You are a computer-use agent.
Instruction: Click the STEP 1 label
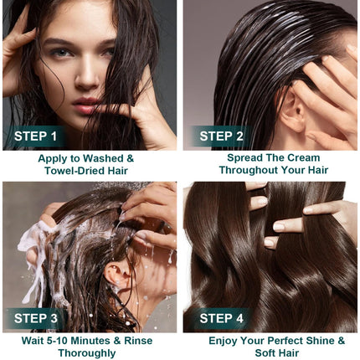[35, 136]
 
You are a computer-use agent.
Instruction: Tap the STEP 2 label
[222, 136]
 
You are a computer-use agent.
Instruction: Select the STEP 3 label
[36, 318]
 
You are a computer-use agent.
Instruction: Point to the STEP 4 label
[222, 318]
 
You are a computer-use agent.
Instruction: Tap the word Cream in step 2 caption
[304, 157]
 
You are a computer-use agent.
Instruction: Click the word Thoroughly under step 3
[87, 353]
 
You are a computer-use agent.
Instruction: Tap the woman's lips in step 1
[85, 105]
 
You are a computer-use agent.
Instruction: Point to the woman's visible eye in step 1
[61, 52]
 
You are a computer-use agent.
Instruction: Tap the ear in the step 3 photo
[117, 274]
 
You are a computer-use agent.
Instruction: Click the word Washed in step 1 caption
[103, 158]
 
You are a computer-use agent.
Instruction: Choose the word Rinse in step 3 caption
[138, 341]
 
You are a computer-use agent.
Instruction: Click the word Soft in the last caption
[265, 353]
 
